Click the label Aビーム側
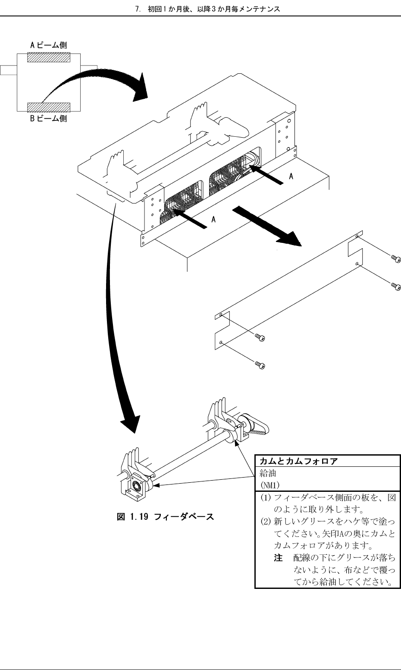coord(48,45)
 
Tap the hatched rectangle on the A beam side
coord(48,57)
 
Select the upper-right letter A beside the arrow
coord(292,177)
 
